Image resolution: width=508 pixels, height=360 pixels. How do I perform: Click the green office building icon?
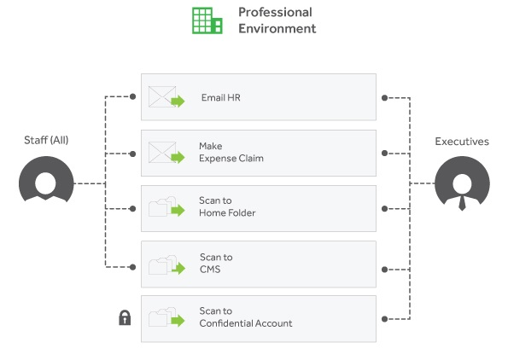tap(207, 20)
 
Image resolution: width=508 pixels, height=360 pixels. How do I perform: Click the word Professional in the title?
tap(276, 12)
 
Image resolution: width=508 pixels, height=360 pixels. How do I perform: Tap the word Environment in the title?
tap(277, 28)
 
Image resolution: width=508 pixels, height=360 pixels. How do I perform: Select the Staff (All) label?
tap(46, 140)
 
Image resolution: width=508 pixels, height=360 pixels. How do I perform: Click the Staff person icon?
tap(46, 178)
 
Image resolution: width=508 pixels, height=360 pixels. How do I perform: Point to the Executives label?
tap(462, 142)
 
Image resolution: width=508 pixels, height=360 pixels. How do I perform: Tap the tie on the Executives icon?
tap(462, 203)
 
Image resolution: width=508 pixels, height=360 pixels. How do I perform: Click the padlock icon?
tap(125, 317)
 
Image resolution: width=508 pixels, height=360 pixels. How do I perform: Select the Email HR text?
tap(221, 97)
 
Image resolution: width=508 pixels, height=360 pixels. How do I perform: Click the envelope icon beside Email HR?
tap(162, 96)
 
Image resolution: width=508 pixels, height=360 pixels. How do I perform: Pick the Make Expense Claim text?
tap(231, 152)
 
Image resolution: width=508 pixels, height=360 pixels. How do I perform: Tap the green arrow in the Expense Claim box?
tap(178, 157)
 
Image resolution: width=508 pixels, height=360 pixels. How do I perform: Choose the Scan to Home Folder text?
tap(227, 206)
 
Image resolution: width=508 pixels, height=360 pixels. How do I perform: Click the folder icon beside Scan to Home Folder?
tap(162, 206)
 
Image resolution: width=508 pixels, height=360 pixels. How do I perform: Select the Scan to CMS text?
tap(216, 264)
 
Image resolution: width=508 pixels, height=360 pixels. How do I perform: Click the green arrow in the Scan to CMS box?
tap(178, 268)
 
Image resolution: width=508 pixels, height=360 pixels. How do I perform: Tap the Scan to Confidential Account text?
tap(246, 317)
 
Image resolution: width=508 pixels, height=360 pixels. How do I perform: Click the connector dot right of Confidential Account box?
tap(384, 319)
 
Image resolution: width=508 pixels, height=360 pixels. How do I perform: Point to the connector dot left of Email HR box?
tap(132, 96)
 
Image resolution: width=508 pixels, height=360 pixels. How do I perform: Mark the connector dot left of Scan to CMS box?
tap(132, 267)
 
